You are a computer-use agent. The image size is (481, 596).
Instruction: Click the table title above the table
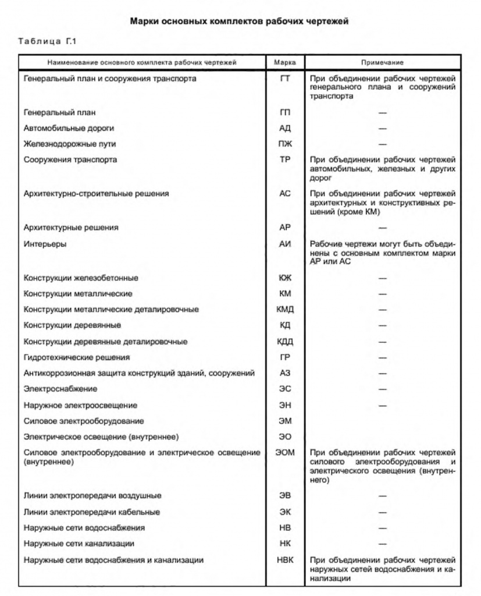click(240, 22)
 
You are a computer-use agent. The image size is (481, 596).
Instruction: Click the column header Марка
click(284, 62)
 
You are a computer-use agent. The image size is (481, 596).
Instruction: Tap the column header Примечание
click(382, 62)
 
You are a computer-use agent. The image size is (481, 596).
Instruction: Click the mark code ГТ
click(284, 78)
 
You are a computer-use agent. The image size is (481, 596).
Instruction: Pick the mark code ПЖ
click(284, 144)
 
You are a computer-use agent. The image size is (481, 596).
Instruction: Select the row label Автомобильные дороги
click(69, 128)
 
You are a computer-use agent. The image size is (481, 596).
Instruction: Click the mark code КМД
click(284, 310)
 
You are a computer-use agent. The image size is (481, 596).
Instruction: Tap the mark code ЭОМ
click(284, 452)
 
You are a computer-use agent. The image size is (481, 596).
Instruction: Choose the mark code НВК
click(284, 560)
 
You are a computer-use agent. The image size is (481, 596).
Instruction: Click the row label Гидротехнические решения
click(76, 357)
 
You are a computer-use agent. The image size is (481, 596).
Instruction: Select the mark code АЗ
click(284, 373)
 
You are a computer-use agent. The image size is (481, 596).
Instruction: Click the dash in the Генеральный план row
click(382, 112)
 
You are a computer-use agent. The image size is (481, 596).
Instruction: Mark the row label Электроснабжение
click(56, 389)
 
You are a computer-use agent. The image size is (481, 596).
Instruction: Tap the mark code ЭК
click(284, 512)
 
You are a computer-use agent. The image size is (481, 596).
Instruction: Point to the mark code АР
click(284, 228)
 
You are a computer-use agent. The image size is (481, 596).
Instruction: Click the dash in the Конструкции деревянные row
click(382, 325)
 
